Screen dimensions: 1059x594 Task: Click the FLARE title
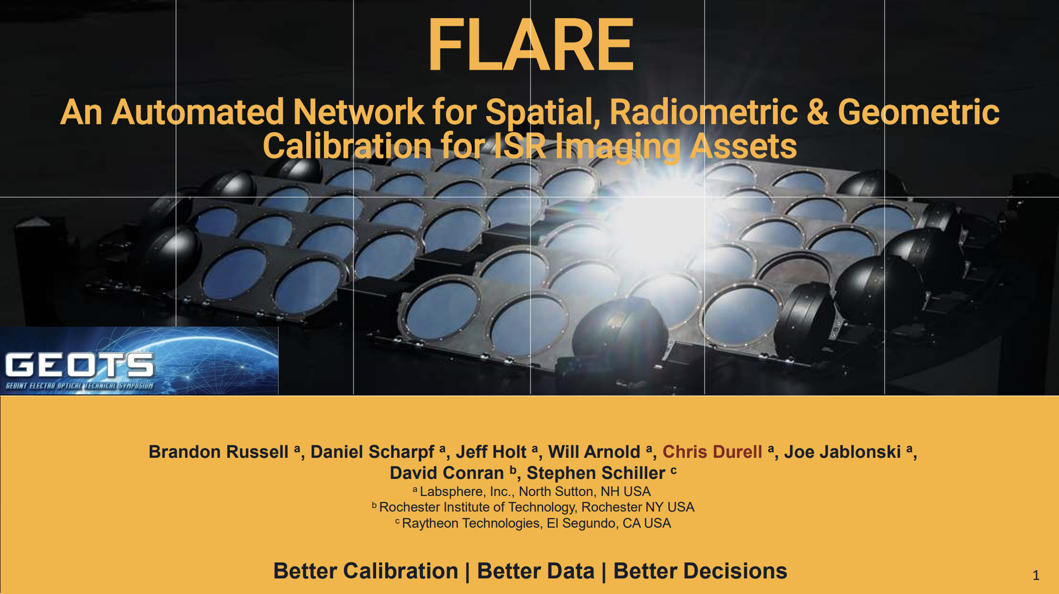[x=531, y=45]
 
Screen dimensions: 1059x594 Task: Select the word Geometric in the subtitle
[x=919, y=113]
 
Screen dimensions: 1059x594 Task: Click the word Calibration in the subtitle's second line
[x=347, y=146]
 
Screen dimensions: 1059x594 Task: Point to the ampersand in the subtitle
[x=818, y=112]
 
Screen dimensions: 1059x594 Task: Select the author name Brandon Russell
[x=219, y=452]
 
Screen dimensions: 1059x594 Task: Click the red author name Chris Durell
[x=712, y=452]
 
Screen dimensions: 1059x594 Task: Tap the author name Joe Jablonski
[x=842, y=452]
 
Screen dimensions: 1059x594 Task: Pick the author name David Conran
[x=447, y=473]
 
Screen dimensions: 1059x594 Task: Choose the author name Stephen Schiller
[x=596, y=473]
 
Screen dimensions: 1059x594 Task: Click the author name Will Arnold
[x=594, y=452]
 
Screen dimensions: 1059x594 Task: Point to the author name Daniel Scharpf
[x=373, y=452]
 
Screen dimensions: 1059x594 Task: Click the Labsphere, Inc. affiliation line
[x=532, y=491]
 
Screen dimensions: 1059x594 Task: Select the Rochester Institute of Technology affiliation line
[x=533, y=507]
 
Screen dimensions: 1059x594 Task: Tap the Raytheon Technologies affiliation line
[x=533, y=523]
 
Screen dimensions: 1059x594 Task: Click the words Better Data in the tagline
[x=536, y=571]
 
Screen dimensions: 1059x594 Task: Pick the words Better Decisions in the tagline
[x=700, y=571]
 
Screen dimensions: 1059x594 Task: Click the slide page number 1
[x=1036, y=575]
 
